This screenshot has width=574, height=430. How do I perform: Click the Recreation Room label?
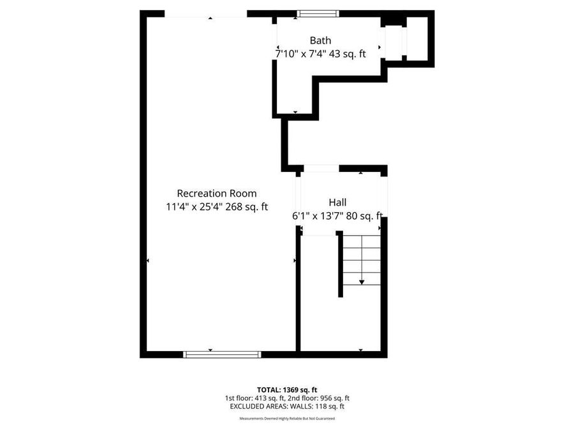216,193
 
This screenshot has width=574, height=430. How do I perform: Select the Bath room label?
320,41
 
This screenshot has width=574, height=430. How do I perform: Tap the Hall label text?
337,202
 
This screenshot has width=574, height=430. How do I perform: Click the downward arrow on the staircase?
362,282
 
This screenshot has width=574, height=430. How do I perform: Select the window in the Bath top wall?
318,13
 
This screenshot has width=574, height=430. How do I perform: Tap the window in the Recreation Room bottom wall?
222,354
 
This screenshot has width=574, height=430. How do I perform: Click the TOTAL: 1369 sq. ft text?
286,389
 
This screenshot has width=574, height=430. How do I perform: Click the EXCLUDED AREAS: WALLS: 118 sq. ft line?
286,406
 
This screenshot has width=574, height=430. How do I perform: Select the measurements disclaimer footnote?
286,419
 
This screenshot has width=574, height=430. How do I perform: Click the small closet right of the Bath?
416,39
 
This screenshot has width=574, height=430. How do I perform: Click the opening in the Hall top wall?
321,169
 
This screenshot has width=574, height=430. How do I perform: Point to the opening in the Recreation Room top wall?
205,14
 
